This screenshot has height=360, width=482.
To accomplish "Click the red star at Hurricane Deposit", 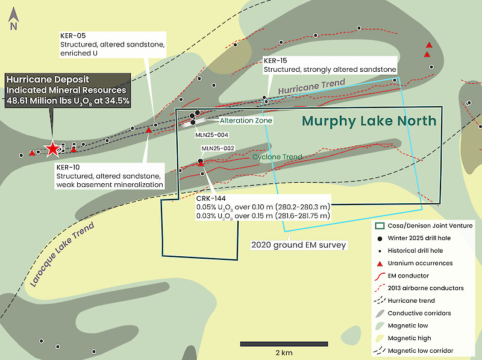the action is point(52,148).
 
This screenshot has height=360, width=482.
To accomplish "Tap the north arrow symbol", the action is point(13,19).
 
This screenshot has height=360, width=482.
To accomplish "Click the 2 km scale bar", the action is point(284,344).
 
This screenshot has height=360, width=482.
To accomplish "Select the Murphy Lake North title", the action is point(369,121).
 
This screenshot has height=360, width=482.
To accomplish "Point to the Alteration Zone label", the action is point(246,121).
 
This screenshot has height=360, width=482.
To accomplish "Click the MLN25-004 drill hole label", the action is point(212,134).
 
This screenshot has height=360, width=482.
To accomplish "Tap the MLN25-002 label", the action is point(218,148).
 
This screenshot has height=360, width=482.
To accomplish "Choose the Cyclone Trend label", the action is point(277,157).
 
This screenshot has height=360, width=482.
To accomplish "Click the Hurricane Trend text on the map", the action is point(311,86).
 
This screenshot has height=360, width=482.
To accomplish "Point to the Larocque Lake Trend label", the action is point(62,254).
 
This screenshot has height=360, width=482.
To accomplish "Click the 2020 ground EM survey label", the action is point(298,245).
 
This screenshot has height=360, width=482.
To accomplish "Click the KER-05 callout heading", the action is point(73,36).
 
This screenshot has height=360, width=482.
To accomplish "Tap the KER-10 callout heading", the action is point(68,168).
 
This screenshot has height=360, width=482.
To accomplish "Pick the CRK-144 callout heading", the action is point(211,198).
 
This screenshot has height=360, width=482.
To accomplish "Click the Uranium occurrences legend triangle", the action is point(380,264).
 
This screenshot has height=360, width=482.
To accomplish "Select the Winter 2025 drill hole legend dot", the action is point(380,238).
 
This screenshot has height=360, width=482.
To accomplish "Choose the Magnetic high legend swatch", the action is point(380,338).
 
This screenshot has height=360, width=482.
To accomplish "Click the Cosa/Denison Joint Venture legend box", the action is point(380,226).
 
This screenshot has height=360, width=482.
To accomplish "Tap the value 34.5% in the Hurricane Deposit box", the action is point(117,101).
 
